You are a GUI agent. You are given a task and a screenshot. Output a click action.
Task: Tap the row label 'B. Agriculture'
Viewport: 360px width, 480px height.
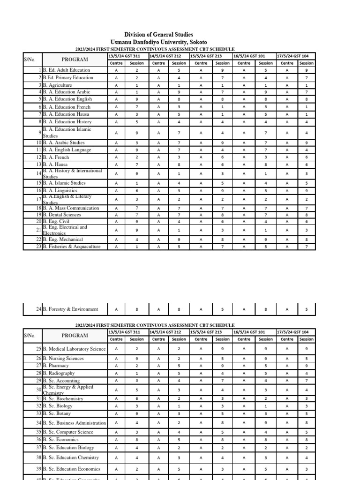pyautogui.click(x=57, y=85)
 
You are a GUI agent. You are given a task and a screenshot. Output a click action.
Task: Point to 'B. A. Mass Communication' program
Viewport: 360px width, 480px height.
pyautogui.click(x=71, y=208)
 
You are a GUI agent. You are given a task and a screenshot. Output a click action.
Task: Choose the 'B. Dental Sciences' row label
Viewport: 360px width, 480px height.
pyautogui.click(x=62, y=215)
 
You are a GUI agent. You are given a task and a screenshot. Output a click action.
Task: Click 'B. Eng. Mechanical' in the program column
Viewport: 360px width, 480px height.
pyautogui.click(x=63, y=239)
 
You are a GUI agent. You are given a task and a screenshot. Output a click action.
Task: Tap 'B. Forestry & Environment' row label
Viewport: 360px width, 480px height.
pyautogui.click(x=70, y=309)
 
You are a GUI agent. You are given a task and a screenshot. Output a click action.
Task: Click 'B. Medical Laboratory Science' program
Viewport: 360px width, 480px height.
pyautogui.click(x=74, y=349)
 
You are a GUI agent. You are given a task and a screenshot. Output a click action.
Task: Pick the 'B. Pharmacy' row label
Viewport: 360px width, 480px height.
pyautogui.click(x=56, y=366)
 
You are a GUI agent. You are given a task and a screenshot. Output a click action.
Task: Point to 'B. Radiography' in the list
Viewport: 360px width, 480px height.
pyautogui.click(x=59, y=373)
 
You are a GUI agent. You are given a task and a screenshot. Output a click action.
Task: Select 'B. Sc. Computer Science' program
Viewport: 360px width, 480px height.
pyautogui.click(x=68, y=432)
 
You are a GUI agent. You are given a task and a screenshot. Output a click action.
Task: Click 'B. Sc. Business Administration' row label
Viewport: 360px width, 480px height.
pyautogui.click(x=74, y=423)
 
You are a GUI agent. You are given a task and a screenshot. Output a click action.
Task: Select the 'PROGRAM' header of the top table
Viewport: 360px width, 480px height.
pyautogui.click(x=75, y=60)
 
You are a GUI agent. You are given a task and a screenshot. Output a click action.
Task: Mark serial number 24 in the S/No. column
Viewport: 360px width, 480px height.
pyautogui.click(x=38, y=309)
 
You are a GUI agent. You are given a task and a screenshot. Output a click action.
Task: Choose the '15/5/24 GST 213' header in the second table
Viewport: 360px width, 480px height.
pyautogui.click(x=207, y=332)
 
